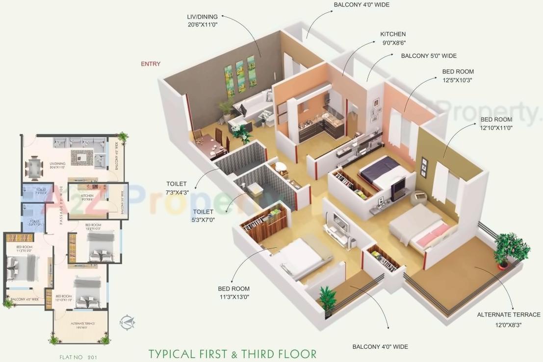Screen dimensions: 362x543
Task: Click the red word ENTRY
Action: coord(151,64)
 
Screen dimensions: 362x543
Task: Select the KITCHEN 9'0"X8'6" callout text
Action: coord(393,38)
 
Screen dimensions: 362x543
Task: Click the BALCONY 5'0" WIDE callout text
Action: coord(429,56)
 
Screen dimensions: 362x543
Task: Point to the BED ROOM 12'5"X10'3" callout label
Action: coord(458,76)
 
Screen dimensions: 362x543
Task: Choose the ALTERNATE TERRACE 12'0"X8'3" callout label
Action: coord(509,319)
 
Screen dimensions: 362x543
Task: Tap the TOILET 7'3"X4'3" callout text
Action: coord(177,189)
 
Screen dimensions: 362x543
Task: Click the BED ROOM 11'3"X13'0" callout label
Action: coord(234,293)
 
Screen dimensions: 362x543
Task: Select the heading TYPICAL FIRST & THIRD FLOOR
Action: coord(233,353)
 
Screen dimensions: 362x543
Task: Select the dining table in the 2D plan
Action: coord(34,167)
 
